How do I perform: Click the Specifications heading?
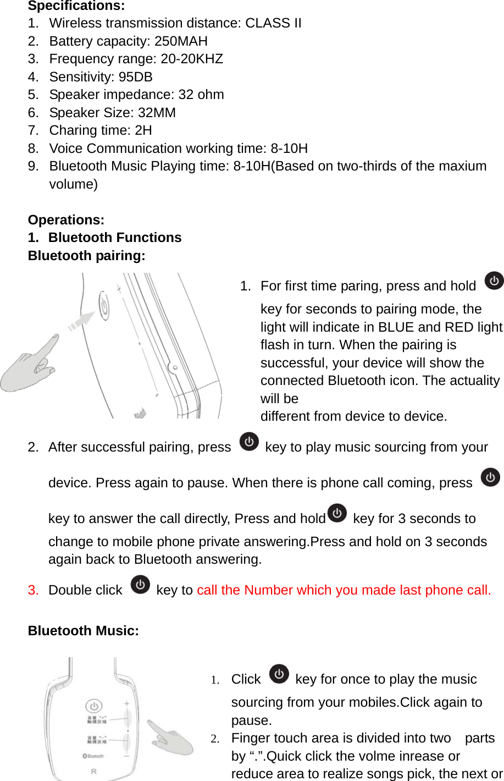pos(76,6)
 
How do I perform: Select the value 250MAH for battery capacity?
pos(181,41)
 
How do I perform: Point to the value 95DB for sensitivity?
pos(135,77)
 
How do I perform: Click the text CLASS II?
pos(273,23)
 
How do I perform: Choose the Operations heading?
pos(66,220)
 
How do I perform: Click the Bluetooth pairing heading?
pos(86,256)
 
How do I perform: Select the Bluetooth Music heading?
pos(83,631)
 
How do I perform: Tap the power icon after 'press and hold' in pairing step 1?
pos(494,280)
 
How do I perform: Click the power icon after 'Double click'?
pos(141,585)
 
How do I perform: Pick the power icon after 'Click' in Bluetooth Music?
pos(279,674)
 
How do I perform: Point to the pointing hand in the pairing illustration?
pos(30,366)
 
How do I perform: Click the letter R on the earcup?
pos(93,772)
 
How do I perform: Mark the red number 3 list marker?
pos(33,590)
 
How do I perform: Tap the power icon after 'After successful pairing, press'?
pos(249,442)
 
